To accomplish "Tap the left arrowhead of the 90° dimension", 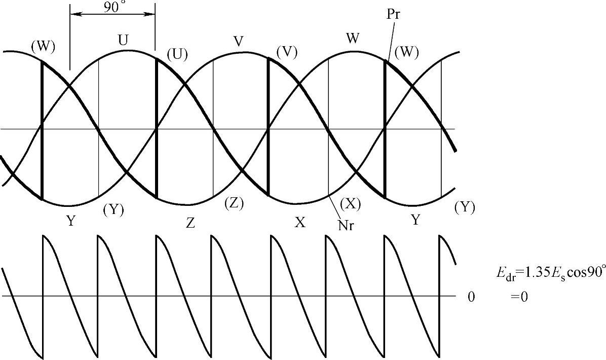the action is [73, 15].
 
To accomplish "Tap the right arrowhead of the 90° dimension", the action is [151, 15].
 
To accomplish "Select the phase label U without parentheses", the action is [123, 41].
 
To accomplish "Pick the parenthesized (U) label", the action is [177, 54].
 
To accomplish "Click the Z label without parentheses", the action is [190, 224].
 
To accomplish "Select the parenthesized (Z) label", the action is [234, 204].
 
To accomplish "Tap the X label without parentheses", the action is [300, 223].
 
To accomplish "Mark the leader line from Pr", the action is [390, 41].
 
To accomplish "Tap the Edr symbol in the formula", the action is [504, 273].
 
